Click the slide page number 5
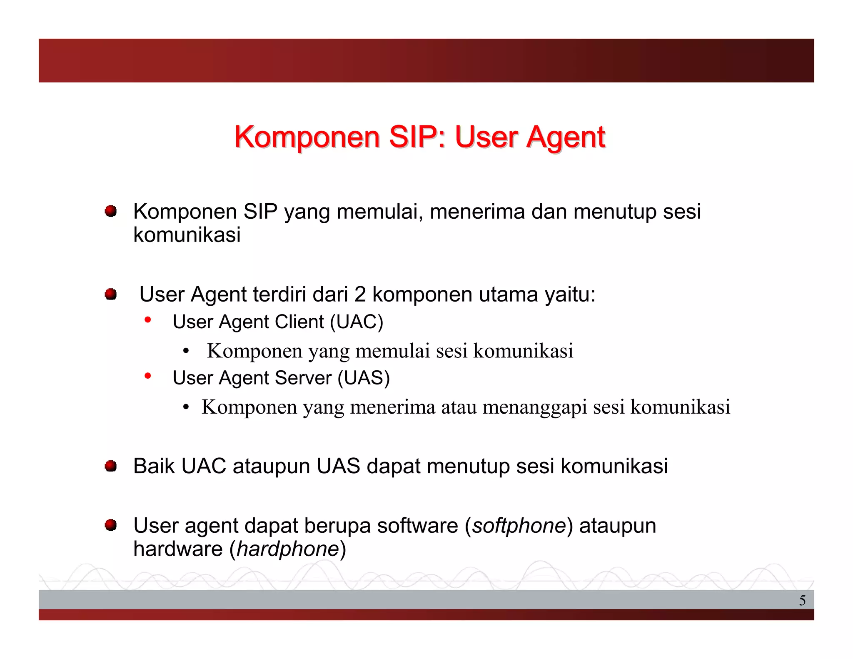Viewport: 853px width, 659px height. [x=802, y=600]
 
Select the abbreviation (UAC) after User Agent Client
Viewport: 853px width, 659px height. [x=357, y=322]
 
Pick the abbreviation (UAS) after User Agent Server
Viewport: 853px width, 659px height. [x=364, y=378]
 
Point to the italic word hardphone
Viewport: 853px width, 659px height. [x=288, y=549]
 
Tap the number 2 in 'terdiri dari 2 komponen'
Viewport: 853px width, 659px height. [x=360, y=295]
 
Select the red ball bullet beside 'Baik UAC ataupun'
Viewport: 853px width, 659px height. [x=110, y=466]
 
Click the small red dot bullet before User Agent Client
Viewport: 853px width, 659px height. [x=147, y=320]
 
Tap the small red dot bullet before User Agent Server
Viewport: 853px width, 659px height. [x=147, y=376]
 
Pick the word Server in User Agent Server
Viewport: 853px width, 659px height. [x=303, y=378]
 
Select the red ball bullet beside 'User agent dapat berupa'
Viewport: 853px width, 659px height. [x=110, y=525]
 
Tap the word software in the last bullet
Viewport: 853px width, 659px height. [x=417, y=525]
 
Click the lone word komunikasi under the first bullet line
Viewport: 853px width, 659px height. [x=187, y=235]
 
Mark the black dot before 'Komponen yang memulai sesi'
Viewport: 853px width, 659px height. [x=186, y=351]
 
